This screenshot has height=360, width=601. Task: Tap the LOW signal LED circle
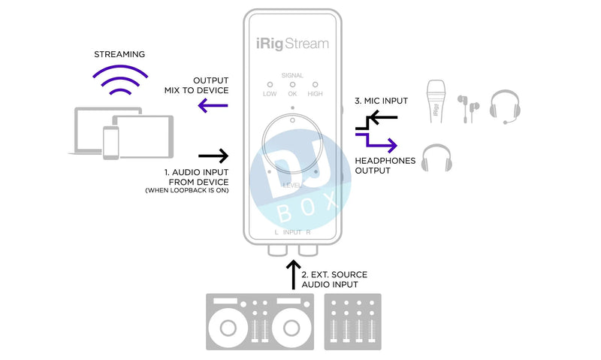(269, 86)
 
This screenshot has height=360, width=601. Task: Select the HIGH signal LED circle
(316, 86)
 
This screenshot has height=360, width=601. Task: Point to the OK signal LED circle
(292, 86)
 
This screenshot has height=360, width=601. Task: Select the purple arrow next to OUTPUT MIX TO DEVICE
(213, 106)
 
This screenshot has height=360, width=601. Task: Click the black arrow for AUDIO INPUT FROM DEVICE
(213, 156)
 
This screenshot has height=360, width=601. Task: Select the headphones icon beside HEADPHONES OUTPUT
(436, 158)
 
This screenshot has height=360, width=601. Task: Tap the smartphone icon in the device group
(110, 142)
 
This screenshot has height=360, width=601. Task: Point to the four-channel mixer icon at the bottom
(352, 321)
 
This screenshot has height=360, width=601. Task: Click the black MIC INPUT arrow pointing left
(383, 117)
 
